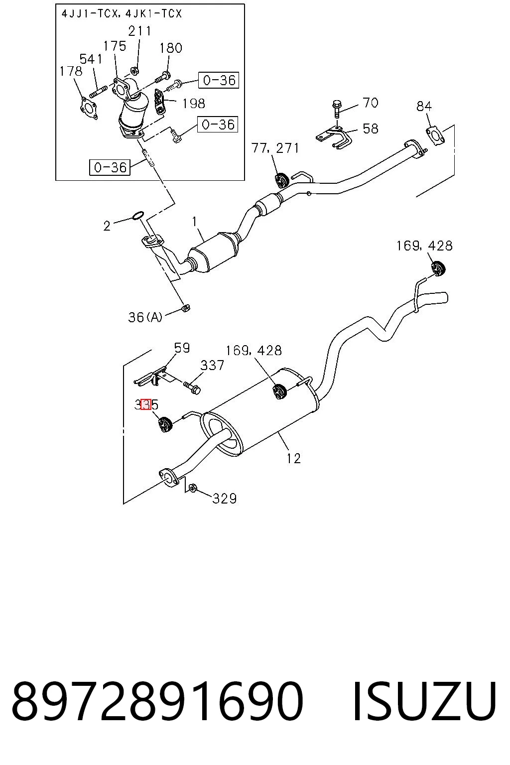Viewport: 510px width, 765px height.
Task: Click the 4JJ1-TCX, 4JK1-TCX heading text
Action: (x=121, y=14)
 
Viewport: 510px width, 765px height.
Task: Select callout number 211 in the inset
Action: (x=139, y=31)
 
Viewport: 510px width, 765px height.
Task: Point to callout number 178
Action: (x=71, y=71)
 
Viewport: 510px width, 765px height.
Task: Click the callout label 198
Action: (x=194, y=104)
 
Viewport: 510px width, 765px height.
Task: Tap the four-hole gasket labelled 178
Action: (x=89, y=108)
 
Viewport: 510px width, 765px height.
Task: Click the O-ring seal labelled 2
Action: (x=137, y=216)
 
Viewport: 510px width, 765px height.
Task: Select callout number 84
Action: (x=424, y=106)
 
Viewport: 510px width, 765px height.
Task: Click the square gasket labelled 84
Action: (x=435, y=135)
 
